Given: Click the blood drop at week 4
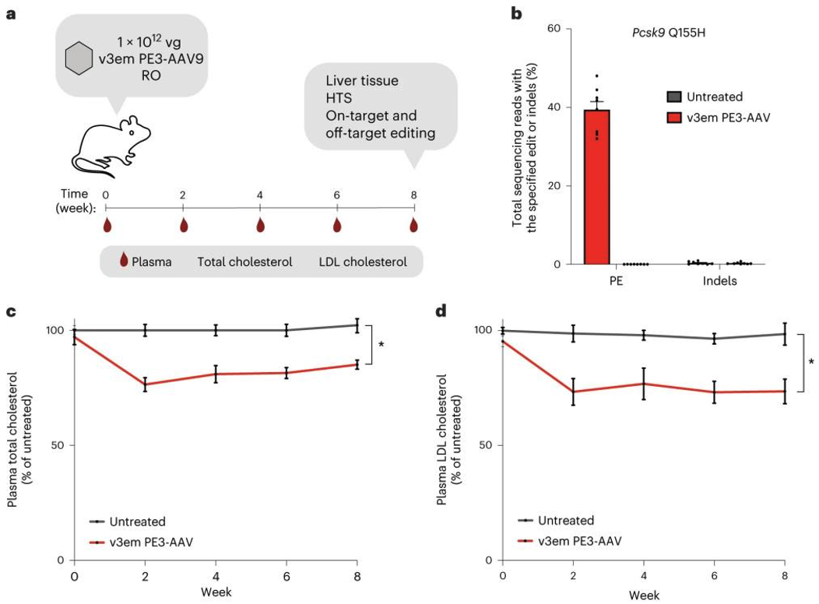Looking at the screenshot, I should click(x=260, y=225).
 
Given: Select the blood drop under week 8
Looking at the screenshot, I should click(x=413, y=225).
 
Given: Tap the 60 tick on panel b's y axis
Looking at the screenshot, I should click(x=558, y=28).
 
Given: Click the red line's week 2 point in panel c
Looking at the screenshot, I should click(x=145, y=385).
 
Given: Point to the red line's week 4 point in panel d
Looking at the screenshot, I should click(x=644, y=384).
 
